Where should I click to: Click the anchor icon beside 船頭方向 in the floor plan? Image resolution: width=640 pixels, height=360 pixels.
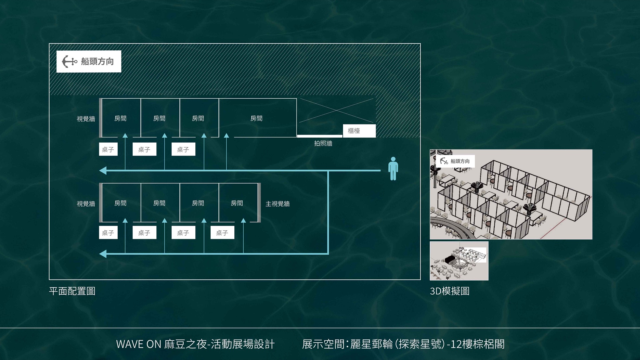[x=69, y=61]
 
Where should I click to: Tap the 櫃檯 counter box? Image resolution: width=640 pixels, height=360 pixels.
[x=359, y=131]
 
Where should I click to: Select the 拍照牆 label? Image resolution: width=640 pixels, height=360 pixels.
[x=323, y=143]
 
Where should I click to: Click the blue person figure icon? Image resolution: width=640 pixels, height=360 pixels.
[x=393, y=168]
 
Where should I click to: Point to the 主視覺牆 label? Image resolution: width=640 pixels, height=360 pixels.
[x=277, y=204]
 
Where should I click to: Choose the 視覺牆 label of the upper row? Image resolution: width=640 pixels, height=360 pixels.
[x=86, y=119]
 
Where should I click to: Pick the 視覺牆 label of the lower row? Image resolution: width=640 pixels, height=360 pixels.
[x=86, y=204]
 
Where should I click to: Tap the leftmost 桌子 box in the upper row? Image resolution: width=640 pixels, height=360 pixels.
[x=108, y=149]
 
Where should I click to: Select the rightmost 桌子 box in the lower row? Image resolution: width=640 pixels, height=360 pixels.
[x=222, y=233]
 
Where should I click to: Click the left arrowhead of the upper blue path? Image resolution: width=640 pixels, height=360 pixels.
[x=103, y=170]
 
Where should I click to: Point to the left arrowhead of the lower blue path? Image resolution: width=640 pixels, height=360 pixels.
[x=103, y=254]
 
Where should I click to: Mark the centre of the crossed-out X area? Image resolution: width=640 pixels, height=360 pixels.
[x=337, y=110]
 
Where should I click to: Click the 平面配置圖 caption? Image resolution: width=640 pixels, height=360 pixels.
[x=72, y=291]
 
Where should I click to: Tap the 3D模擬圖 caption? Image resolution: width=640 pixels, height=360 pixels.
[x=450, y=291]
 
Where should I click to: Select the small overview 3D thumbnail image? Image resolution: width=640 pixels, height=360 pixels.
[x=459, y=261]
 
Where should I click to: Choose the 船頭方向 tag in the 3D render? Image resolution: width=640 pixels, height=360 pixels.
[x=455, y=161]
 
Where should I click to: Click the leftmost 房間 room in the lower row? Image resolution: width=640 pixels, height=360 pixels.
[x=121, y=203]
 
